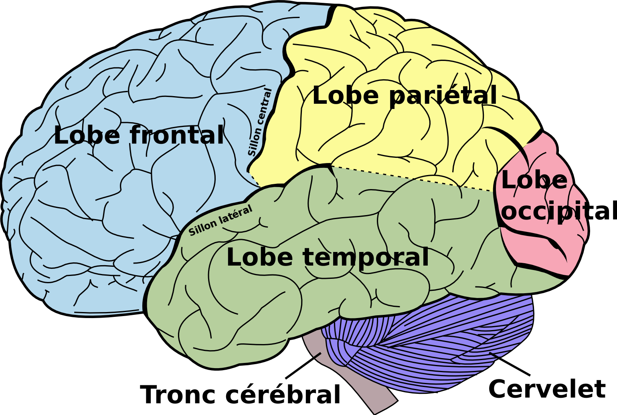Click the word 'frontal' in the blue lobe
coord(176,135)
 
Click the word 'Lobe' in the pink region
coord(534,180)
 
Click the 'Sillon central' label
coord(260,122)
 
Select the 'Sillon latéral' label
coord(220,220)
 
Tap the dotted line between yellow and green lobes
coord(413,178)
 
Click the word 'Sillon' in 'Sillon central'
coord(254,143)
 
